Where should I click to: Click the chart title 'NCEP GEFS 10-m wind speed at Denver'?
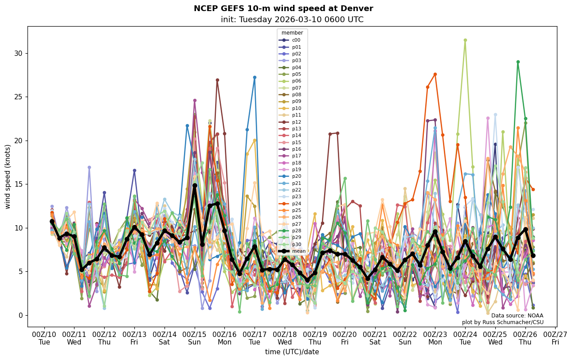(x=283, y=8)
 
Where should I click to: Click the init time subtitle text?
(x=292, y=20)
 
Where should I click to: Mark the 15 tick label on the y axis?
(x=19, y=184)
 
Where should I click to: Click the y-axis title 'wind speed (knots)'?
(x=8, y=176)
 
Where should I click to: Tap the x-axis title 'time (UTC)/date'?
(x=292, y=352)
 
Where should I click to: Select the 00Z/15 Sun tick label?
(x=195, y=338)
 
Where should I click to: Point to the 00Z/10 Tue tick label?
(x=44, y=338)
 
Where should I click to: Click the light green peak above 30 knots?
(x=465, y=40)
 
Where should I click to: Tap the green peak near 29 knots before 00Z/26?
(x=518, y=62)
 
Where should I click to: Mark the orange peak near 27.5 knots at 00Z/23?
(x=435, y=74)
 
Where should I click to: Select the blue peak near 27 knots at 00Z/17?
(x=255, y=77)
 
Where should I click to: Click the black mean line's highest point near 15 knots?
(x=195, y=186)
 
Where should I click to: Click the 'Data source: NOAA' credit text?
(x=517, y=316)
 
